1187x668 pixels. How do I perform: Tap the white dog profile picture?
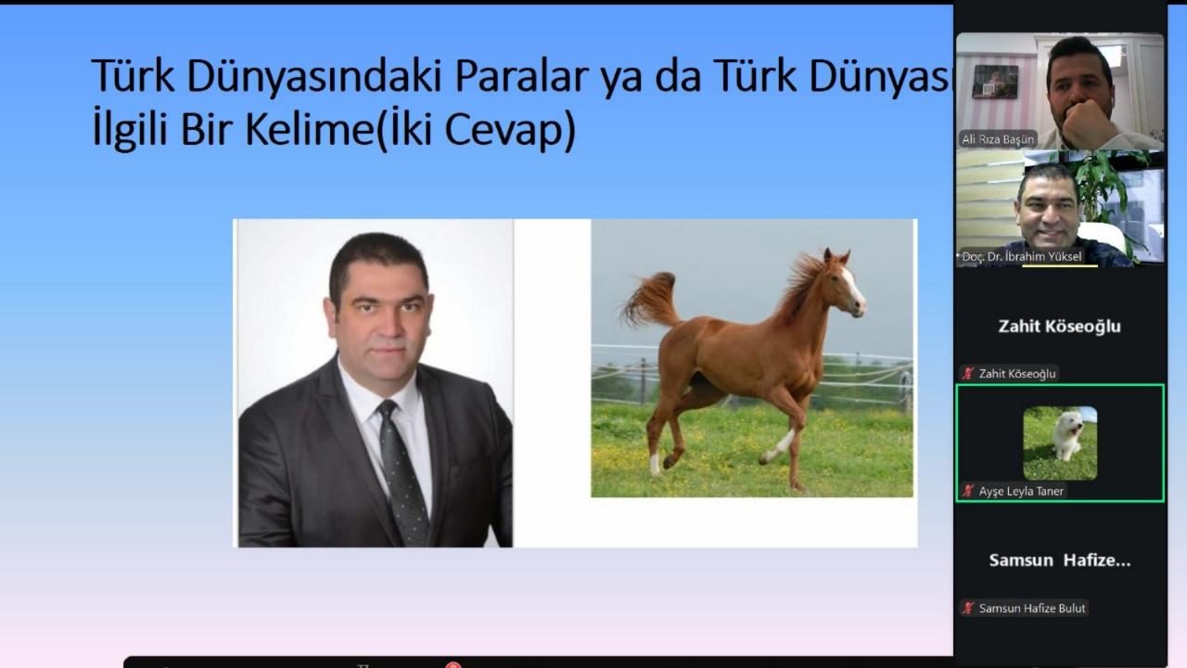pos(1060,443)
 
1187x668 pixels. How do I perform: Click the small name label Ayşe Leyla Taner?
pos(1020,491)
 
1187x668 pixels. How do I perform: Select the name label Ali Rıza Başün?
pos(997,139)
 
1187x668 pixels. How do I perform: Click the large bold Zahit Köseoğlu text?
pos(1059,326)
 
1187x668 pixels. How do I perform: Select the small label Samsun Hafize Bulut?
pos(1032,609)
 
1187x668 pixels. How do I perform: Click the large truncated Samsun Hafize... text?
pos(1059,560)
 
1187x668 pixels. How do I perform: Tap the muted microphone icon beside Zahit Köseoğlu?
pos(968,374)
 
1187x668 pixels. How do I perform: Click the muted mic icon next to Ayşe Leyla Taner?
pos(968,491)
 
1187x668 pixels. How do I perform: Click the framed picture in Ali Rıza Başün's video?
pos(994,83)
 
